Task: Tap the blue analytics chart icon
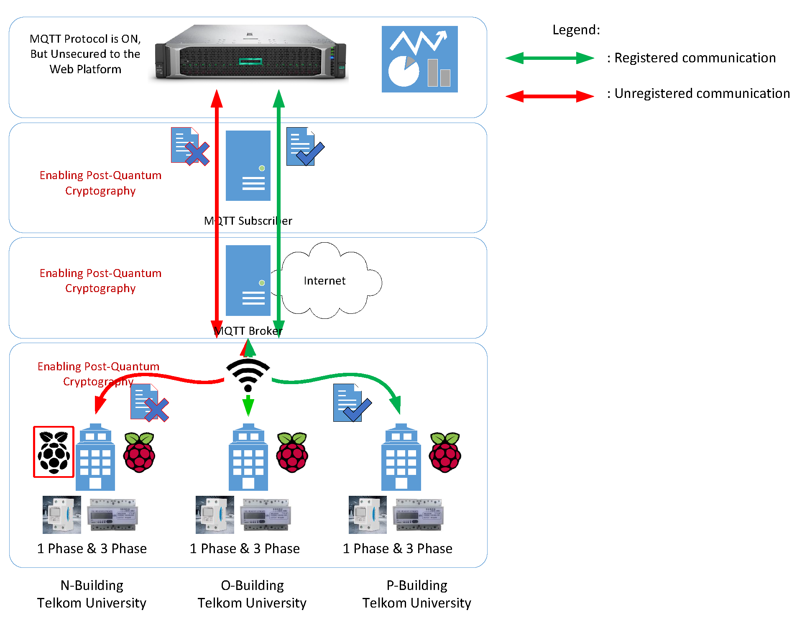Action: [419, 59]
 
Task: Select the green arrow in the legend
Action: [549, 58]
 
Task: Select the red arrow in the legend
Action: [549, 96]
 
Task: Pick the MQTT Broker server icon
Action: [248, 280]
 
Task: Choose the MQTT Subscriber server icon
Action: [248, 166]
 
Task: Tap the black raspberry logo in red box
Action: [54, 452]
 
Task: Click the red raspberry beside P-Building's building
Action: [445, 452]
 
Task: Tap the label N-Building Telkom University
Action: [92, 594]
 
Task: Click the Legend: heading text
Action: [576, 30]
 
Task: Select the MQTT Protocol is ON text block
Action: [85, 54]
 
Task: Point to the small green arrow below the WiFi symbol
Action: [248, 405]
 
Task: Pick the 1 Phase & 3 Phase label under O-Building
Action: [245, 548]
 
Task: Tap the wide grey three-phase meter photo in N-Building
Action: [112, 515]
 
